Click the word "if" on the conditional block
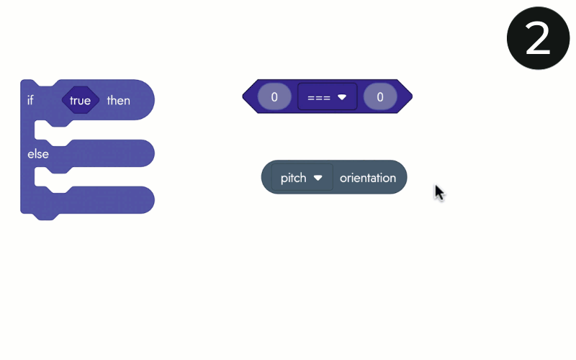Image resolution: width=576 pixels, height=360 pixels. pos(30,100)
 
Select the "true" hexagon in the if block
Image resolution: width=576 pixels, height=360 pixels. pos(81,100)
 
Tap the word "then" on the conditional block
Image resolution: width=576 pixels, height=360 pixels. pos(118,100)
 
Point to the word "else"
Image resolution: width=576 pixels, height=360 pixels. pos(38,153)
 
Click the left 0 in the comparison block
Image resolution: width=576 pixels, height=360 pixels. pos(274,96)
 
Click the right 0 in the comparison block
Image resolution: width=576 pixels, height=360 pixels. pos(380,96)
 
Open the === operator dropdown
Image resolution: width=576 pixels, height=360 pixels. pos(328,96)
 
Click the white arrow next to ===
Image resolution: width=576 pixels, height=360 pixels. pos(342,96)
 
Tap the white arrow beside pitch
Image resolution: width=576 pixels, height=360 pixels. pos(318,178)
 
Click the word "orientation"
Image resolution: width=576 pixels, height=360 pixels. pos(368,178)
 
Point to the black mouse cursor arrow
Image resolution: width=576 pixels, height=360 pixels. pos(438,192)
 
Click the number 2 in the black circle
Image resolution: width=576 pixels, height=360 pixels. pos(538,39)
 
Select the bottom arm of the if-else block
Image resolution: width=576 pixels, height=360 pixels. pos(94,201)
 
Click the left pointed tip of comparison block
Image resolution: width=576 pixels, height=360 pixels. pos(246,96)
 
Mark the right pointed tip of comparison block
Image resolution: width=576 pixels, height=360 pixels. pos(410,96)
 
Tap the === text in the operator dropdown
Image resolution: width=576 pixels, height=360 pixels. pos(318,96)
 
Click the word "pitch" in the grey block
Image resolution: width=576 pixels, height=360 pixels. pos(294,178)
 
